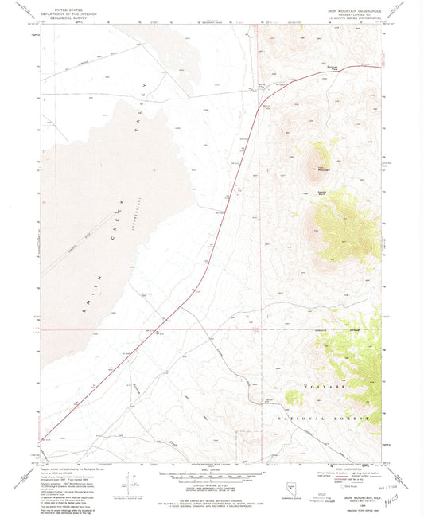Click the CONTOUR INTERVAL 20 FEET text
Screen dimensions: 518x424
[x=206, y=487]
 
